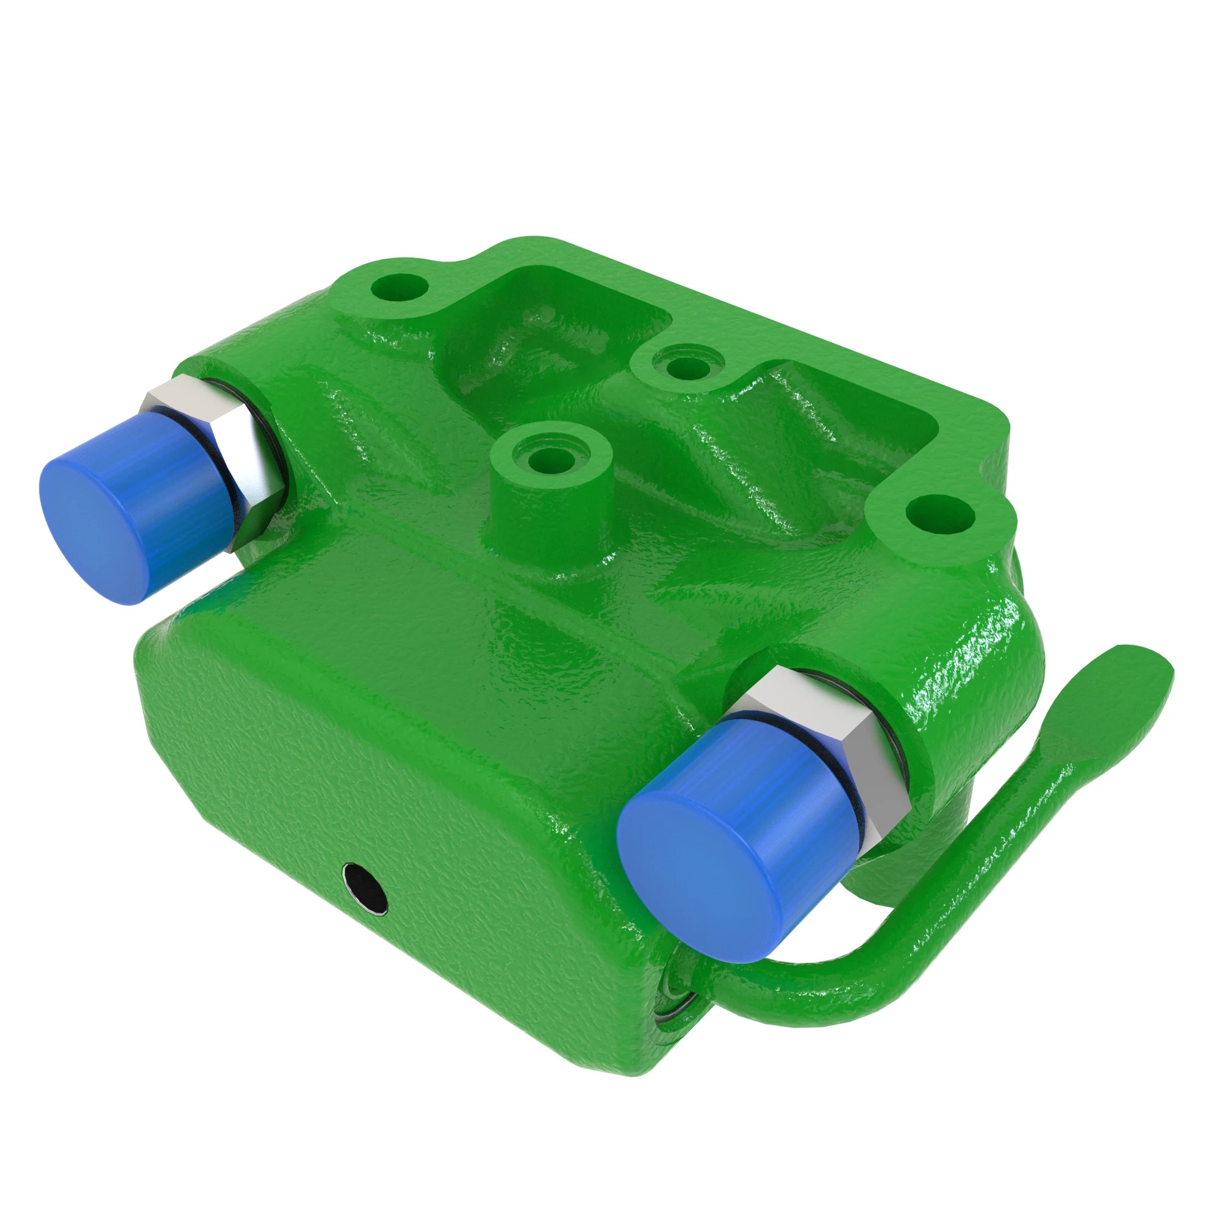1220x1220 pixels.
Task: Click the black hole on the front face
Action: [364, 888]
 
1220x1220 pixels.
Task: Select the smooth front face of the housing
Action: [379, 789]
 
